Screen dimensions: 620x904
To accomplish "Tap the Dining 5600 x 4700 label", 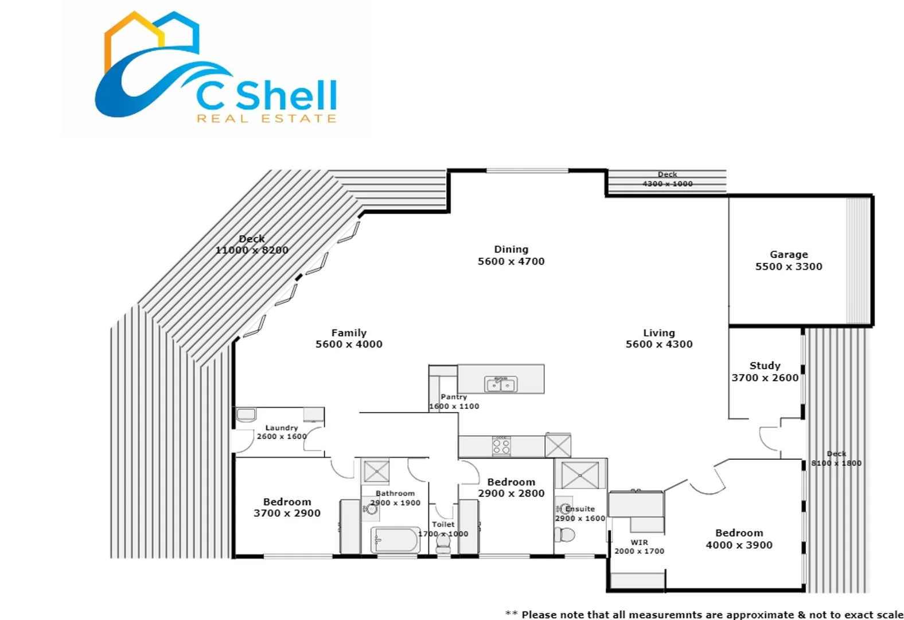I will pyautogui.click(x=511, y=255).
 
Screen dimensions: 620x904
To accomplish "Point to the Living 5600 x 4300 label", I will pyautogui.click(x=659, y=338).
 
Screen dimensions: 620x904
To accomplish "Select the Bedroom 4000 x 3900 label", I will pyautogui.click(x=739, y=539).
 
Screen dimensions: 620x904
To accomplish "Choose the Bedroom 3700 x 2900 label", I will pyautogui.click(x=287, y=507).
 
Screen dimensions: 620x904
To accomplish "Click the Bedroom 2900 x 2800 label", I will pyautogui.click(x=511, y=487).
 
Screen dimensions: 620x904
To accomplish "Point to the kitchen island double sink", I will pyautogui.click(x=501, y=384).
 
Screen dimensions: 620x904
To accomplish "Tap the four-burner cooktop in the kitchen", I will pyautogui.click(x=501, y=446).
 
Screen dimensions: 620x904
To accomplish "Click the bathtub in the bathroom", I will pyautogui.click(x=395, y=540).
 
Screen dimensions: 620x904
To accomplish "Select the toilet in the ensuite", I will pyautogui.click(x=565, y=535).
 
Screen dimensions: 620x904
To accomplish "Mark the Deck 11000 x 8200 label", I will pyautogui.click(x=252, y=244).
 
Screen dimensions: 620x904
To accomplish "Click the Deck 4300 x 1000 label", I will pyautogui.click(x=667, y=179).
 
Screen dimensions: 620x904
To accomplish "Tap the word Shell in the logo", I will pyautogui.click(x=286, y=95).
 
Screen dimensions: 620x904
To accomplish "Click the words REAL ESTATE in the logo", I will pyautogui.click(x=267, y=118).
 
